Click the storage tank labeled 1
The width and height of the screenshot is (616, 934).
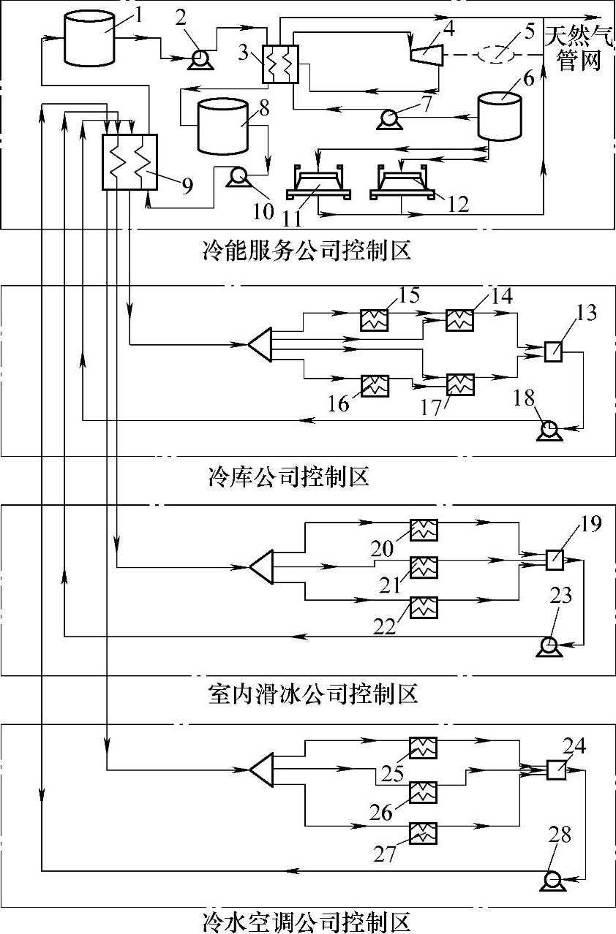[x=89, y=38]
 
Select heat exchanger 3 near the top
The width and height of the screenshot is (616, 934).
[x=280, y=64]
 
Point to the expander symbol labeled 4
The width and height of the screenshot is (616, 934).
[x=426, y=54]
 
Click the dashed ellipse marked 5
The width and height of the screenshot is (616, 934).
[x=496, y=54]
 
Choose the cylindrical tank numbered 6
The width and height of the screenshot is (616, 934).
[x=499, y=116]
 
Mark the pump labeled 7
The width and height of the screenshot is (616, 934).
[x=390, y=119]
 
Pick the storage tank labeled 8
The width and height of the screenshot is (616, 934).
[x=223, y=126]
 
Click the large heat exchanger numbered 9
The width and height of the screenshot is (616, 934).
[x=129, y=162]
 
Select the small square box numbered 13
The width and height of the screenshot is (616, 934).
[x=553, y=351]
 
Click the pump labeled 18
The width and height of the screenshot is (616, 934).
[x=549, y=430]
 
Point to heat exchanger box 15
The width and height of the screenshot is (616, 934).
[x=375, y=320]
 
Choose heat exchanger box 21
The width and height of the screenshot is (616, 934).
[x=424, y=567]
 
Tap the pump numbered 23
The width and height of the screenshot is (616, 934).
[x=549, y=646]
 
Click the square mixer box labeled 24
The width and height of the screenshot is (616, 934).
[x=556, y=770]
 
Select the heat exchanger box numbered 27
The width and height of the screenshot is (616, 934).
[x=423, y=833]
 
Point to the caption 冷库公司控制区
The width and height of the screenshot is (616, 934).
[x=289, y=477]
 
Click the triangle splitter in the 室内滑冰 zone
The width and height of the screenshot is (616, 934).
[x=262, y=566]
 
